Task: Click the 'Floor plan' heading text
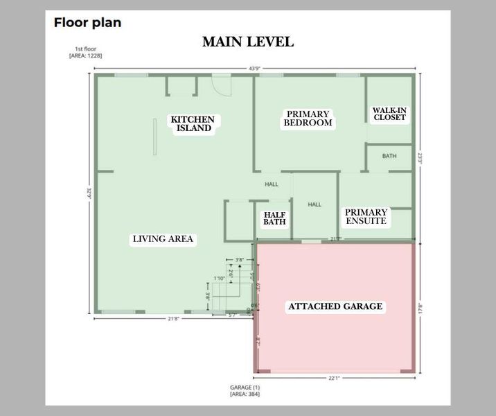click(x=87, y=22)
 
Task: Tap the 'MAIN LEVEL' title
click(x=247, y=42)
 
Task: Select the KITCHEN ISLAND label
click(x=193, y=123)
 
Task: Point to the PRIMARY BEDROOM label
click(x=308, y=119)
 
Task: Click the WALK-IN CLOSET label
click(x=389, y=114)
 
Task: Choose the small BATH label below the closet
click(x=389, y=156)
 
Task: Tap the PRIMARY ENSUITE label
click(x=366, y=217)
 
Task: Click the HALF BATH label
click(x=275, y=218)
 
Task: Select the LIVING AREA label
click(x=163, y=239)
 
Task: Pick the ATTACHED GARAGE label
click(x=335, y=306)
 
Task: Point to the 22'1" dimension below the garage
click(x=334, y=378)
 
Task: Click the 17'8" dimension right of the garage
click(x=420, y=306)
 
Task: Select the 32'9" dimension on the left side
click(x=89, y=193)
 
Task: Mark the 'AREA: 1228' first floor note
click(x=86, y=55)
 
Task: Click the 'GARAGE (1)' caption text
click(x=245, y=387)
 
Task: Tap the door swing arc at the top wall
click(x=221, y=86)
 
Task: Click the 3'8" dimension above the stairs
click(x=240, y=260)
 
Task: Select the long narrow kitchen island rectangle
click(x=155, y=141)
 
